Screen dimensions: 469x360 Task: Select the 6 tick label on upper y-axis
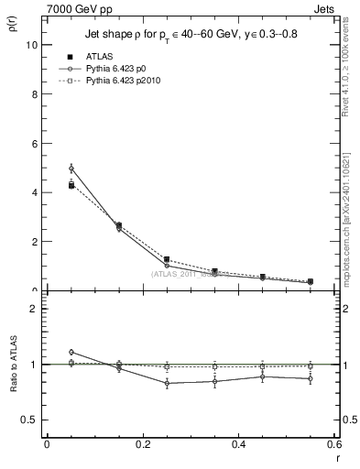[x=32, y=143]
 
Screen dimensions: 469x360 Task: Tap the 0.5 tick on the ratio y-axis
[x=28, y=420]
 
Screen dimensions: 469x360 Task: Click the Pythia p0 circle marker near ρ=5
[x=71, y=169]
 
